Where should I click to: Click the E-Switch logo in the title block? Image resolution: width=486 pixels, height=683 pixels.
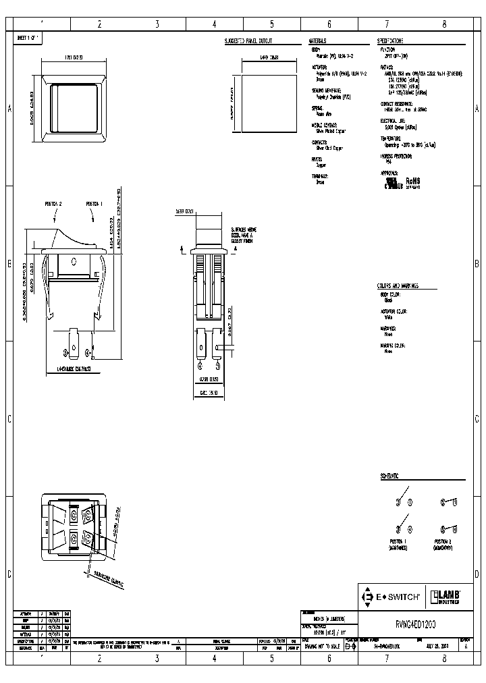pyautogui.click(x=391, y=597)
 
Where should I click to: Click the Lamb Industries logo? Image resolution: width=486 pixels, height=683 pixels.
pyautogui.click(x=446, y=597)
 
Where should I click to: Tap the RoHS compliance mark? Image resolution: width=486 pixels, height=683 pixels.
pyautogui.click(x=412, y=182)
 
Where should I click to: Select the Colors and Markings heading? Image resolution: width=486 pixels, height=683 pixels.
pyautogui.click(x=398, y=286)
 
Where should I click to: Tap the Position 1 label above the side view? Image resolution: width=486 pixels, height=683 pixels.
pyautogui.click(x=94, y=203)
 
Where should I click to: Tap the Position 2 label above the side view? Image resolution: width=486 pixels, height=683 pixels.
pyautogui.click(x=53, y=203)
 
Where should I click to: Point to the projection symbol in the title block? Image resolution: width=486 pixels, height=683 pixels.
pyautogui.click(x=348, y=646)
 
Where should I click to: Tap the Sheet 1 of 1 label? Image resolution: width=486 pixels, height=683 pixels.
pyautogui.click(x=28, y=38)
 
